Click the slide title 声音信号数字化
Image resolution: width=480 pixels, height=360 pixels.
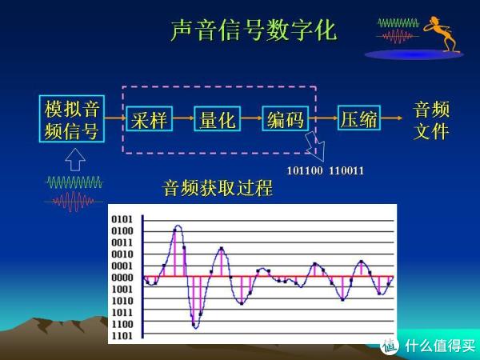click(254, 30)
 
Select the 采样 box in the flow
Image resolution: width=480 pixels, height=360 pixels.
click(149, 118)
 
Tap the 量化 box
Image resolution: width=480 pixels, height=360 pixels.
click(218, 118)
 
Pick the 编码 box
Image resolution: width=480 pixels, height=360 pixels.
click(286, 118)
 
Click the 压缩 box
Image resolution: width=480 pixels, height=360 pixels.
click(359, 118)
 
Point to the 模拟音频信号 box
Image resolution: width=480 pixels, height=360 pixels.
click(72, 118)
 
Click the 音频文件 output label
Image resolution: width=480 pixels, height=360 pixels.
click(431, 120)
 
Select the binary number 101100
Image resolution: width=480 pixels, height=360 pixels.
click(305, 171)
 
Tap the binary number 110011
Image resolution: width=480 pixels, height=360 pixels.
click(346, 171)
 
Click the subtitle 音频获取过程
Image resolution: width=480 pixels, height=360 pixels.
click(218, 188)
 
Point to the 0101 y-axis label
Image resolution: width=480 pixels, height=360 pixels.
click(122, 219)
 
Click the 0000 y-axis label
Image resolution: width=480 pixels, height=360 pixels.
click(122, 278)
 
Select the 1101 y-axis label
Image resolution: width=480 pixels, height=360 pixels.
click(122, 336)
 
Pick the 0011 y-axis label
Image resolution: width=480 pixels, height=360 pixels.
click(122, 242)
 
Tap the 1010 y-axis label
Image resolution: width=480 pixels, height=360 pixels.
click(122, 301)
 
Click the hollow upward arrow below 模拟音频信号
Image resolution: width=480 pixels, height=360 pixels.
click(75, 159)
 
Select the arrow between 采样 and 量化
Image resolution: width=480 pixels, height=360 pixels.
click(183, 118)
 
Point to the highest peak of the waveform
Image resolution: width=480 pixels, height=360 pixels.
click(178, 226)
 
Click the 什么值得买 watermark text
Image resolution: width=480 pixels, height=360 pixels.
click(440, 346)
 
